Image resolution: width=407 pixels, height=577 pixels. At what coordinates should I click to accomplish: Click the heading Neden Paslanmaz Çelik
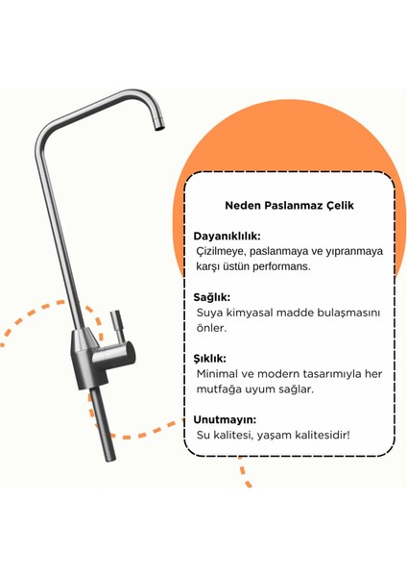(288, 206)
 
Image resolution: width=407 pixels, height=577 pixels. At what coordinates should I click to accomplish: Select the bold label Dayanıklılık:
(227, 236)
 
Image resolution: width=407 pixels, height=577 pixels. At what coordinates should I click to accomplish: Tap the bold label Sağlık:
(212, 297)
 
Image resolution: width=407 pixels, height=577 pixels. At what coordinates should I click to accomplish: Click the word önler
(211, 328)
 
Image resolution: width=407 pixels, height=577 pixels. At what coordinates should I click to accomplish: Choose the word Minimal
(218, 373)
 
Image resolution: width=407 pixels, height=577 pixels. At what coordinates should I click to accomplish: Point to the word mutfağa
(219, 389)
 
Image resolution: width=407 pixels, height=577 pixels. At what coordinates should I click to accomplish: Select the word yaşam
(274, 435)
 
